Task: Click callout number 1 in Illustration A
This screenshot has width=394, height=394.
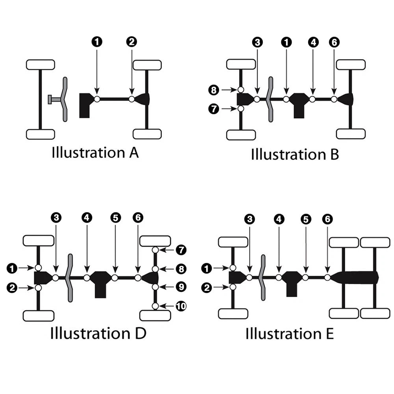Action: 97,42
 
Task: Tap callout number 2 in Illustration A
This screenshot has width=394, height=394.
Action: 132,42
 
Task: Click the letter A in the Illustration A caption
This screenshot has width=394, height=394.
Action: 134,152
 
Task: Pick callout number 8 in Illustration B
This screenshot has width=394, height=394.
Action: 214,90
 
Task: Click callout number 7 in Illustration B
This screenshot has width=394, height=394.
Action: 214,109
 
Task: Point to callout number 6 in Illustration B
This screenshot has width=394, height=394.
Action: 334,42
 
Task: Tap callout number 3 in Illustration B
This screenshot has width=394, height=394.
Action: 257,42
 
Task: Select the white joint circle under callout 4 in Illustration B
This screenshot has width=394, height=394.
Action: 312,99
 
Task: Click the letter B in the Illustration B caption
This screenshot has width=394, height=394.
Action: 335,154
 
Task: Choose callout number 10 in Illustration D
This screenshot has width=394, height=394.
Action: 181,306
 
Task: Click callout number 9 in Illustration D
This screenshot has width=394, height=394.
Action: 181,287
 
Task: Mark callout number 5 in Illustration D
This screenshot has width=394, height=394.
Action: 115,217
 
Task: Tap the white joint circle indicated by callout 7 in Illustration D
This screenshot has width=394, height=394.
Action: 155,250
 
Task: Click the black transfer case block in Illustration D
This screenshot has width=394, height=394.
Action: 100,284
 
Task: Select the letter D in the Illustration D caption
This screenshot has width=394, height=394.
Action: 141,333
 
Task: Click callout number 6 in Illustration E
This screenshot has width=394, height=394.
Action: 327,219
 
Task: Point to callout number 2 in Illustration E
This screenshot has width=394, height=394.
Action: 207,288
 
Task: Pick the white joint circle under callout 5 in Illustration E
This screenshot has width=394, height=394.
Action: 305,277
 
